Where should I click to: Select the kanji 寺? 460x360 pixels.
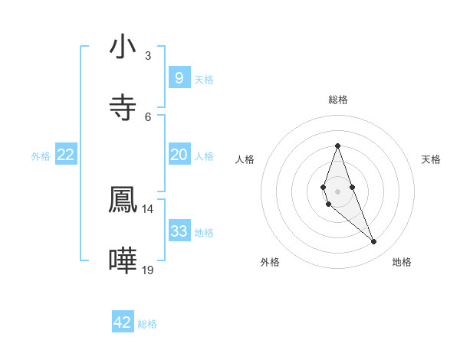click(x=123, y=107)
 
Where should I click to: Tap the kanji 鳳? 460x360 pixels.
click(x=123, y=199)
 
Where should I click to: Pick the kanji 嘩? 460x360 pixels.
click(x=123, y=260)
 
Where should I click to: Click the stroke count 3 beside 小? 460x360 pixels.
click(x=147, y=55)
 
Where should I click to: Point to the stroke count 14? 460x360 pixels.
click(x=148, y=208)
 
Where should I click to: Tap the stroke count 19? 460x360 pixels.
click(x=148, y=270)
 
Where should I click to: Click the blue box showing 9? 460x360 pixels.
click(x=179, y=78)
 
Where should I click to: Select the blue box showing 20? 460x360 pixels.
click(x=179, y=155)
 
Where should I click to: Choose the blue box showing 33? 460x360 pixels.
click(x=179, y=231)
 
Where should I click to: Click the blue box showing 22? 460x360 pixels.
click(x=66, y=155)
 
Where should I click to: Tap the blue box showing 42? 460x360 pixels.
click(x=123, y=322)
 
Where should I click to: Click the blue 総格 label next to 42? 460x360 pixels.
click(x=147, y=324)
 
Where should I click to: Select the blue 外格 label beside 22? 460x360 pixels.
click(x=41, y=156)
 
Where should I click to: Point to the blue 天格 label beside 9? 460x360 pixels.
click(x=204, y=80)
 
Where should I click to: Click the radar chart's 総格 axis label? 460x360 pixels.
click(x=337, y=100)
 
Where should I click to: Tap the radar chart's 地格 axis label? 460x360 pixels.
click(x=402, y=263)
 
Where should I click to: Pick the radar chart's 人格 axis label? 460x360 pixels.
click(x=245, y=159)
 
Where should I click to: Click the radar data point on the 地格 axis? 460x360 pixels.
click(x=374, y=242)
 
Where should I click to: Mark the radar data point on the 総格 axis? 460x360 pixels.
click(x=337, y=146)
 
